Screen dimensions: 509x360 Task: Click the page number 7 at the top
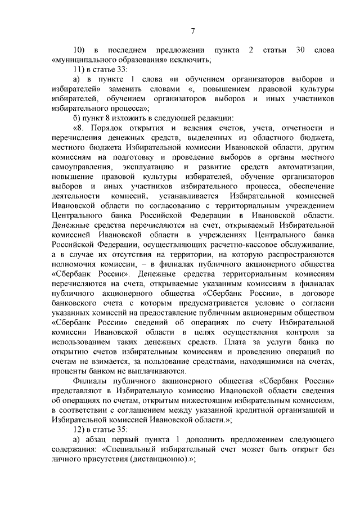(x=192, y=30)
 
